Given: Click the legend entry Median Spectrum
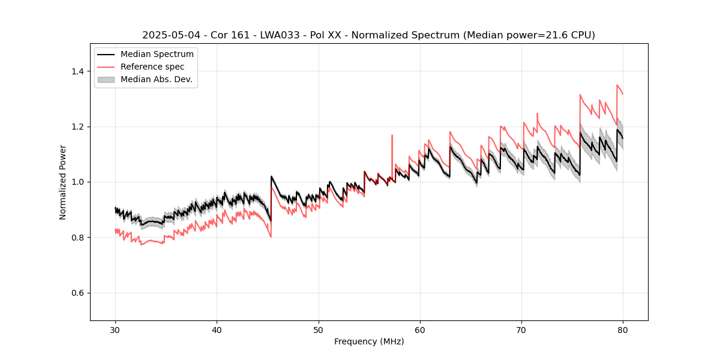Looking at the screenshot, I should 157,55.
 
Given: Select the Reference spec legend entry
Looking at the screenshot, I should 152,67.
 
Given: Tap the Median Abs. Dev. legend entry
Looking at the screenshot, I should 156,79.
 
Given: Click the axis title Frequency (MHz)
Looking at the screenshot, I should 369,341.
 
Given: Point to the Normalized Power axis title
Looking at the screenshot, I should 63,182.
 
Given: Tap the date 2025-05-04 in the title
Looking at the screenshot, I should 170,35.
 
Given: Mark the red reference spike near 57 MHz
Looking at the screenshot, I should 392,136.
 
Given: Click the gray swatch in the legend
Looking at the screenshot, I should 106,79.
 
